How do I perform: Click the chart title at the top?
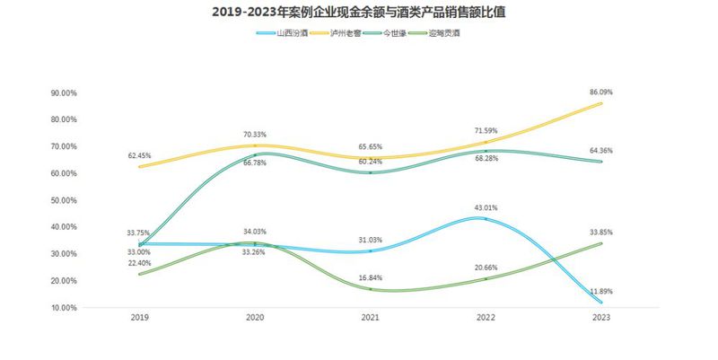tap(358, 12)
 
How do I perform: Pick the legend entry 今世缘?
tap(400, 33)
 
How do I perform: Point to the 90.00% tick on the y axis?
tap(65, 92)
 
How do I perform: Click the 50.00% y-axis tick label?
tap(65, 200)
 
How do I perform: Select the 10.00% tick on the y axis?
tap(65, 308)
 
